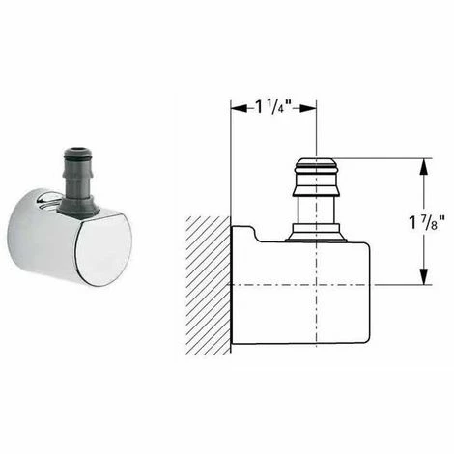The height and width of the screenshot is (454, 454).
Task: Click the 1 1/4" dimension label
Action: tap(273, 107)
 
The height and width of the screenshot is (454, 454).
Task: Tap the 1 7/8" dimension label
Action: tap(427, 222)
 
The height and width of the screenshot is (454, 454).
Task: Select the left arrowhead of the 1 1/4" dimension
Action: tap(240, 109)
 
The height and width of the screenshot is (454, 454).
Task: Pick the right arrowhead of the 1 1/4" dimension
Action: tap(308, 109)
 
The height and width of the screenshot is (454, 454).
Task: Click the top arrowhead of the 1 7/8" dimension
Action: tap(425, 167)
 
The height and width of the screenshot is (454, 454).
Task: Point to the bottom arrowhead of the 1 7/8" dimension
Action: tap(425, 276)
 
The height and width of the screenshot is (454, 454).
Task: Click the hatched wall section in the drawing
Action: tap(209, 286)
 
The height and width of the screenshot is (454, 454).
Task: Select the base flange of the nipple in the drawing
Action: tap(316, 233)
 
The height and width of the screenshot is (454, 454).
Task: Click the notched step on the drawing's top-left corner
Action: tap(254, 233)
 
